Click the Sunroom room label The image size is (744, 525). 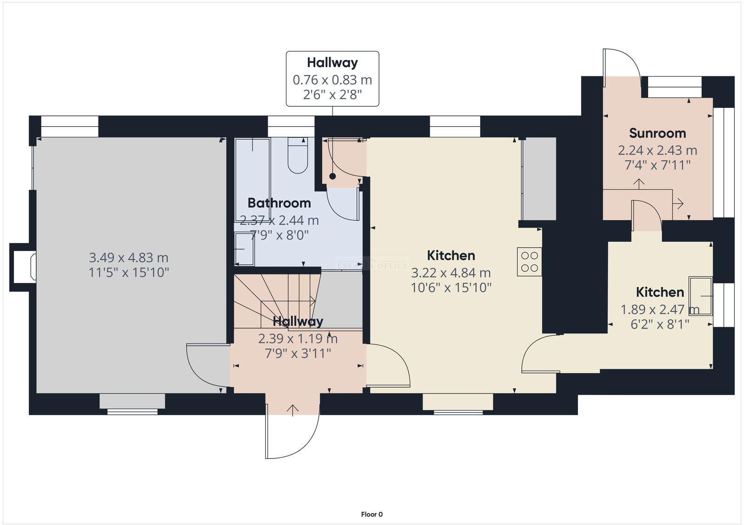pyautogui.click(x=657, y=133)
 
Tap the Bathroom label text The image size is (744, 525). pyautogui.click(x=279, y=203)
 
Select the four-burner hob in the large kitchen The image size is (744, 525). pyautogui.click(x=530, y=262)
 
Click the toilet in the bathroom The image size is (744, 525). pyautogui.click(x=298, y=156)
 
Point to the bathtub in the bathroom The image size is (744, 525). pyautogui.click(x=252, y=179)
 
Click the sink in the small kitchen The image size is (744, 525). pyautogui.click(x=701, y=296)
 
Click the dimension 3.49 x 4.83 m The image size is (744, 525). pyautogui.click(x=128, y=257)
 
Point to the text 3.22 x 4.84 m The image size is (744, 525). pyautogui.click(x=451, y=273)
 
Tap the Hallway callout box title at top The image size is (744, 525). pyautogui.click(x=332, y=62)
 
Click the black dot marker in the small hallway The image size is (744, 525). pyautogui.click(x=332, y=176)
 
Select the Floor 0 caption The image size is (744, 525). pyautogui.click(x=372, y=514)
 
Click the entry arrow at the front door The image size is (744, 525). pyautogui.click(x=292, y=410)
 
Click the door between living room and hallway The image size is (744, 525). pyautogui.click(x=205, y=365)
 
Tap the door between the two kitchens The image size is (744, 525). pyautogui.click(x=539, y=356)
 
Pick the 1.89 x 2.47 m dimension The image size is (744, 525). pyautogui.click(x=659, y=310)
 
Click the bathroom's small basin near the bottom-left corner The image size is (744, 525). pyautogui.click(x=244, y=249)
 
